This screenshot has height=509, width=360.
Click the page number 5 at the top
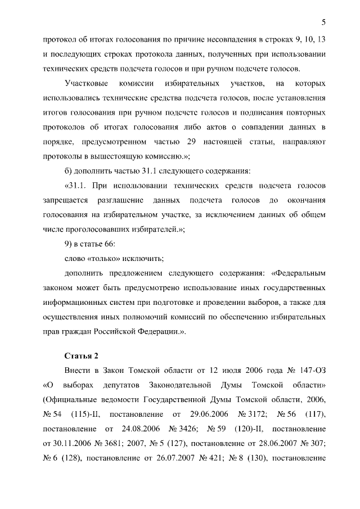point(323,22)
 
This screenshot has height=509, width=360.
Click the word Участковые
point(86,84)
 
